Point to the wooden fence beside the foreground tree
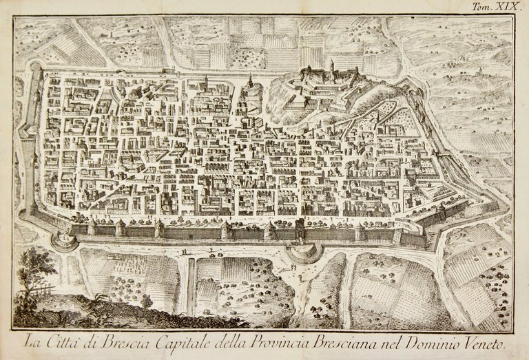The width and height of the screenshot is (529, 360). pos(45,290)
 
